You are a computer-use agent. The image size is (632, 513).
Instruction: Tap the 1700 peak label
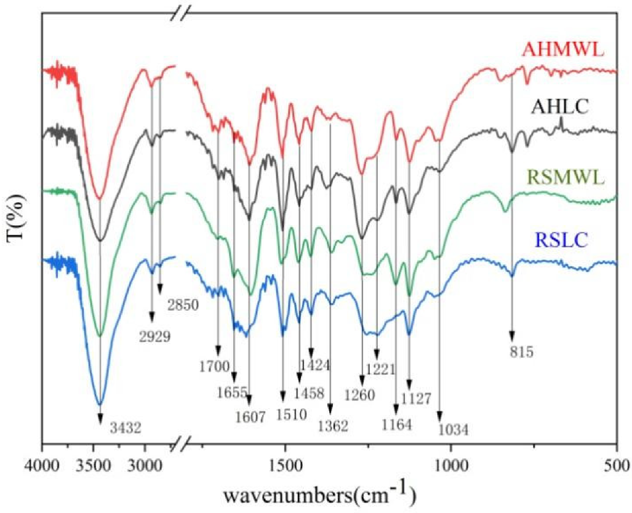tap(214, 367)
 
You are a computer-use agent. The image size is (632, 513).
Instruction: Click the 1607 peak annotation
tap(250, 418)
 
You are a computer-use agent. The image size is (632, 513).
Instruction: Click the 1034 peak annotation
tap(454, 431)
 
